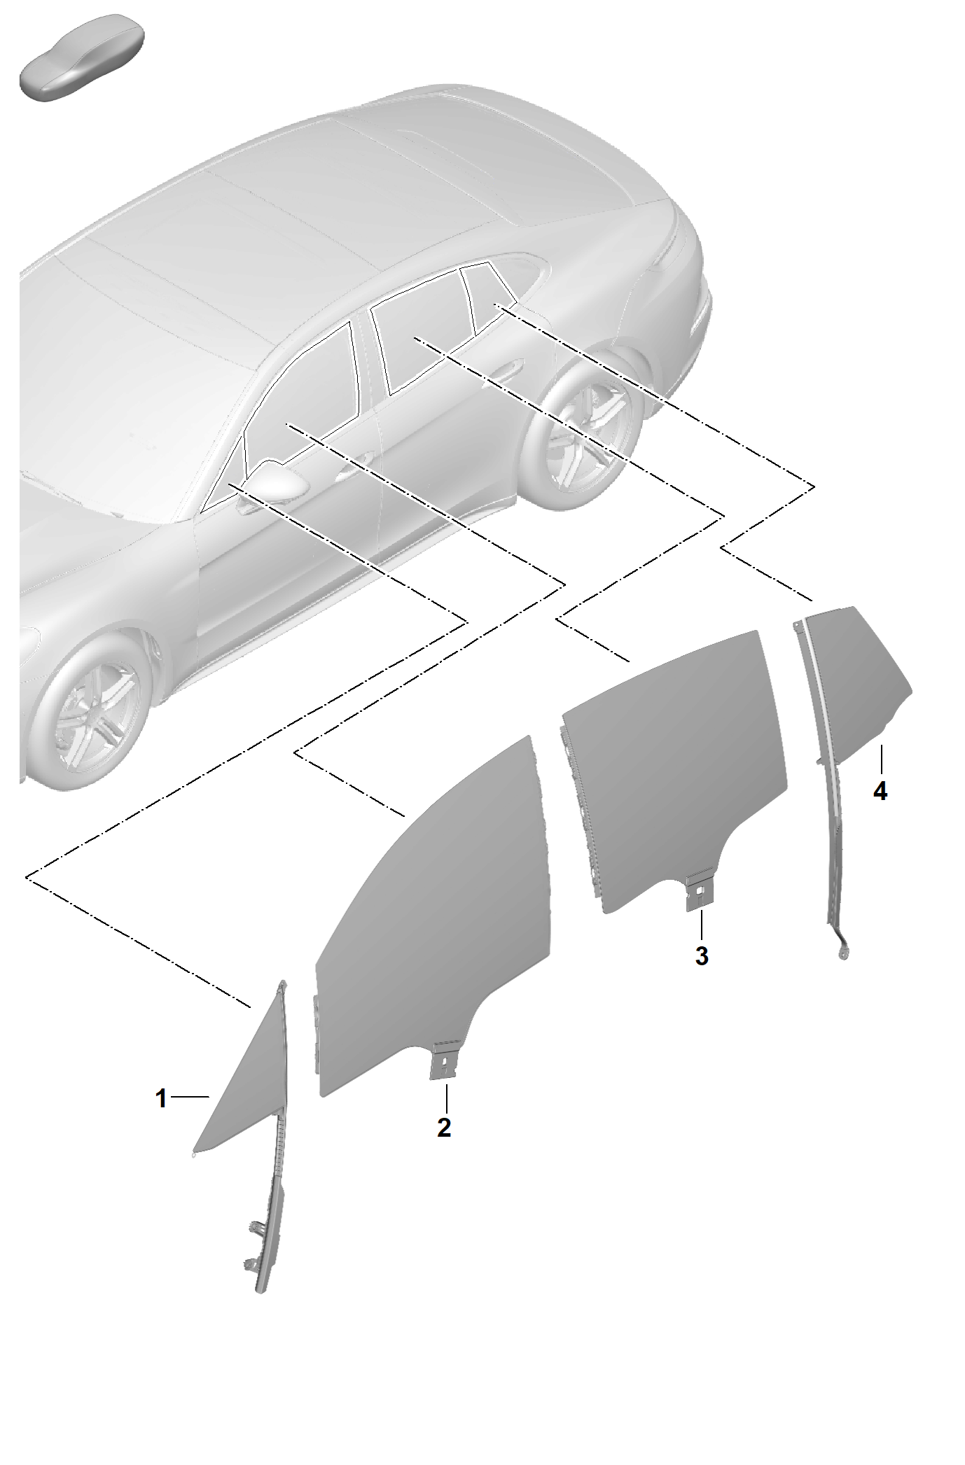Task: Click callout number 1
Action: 162,1098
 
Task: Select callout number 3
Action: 702,955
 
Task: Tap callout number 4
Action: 880,792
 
